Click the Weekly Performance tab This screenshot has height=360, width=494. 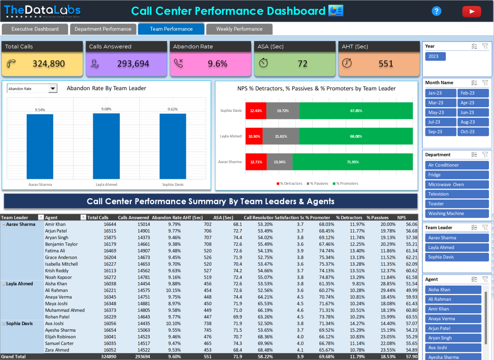[239, 29]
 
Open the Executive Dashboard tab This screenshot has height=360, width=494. [35, 29]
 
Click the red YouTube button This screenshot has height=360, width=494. [471, 12]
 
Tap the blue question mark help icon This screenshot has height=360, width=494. [436, 12]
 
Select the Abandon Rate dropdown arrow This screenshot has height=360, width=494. [52, 89]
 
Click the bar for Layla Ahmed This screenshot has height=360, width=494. [106, 146]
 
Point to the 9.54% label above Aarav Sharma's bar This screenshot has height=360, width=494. [40, 110]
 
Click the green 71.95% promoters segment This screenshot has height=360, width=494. [352, 162]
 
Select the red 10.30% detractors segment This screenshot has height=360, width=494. [253, 136]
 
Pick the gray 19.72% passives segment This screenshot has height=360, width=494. [283, 111]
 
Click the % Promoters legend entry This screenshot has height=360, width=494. [345, 183]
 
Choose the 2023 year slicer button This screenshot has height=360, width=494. [435, 56]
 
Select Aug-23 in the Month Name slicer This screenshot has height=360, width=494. [473, 122]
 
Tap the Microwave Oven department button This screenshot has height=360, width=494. [457, 184]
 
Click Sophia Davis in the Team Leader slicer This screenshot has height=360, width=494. [457, 257]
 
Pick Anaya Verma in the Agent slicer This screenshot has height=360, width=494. [453, 318]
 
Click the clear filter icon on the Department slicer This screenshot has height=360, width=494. [485, 155]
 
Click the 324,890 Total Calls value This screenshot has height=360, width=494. [49, 64]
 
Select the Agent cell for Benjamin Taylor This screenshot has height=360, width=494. [62, 244]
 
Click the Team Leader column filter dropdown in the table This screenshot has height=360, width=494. [41, 218]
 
